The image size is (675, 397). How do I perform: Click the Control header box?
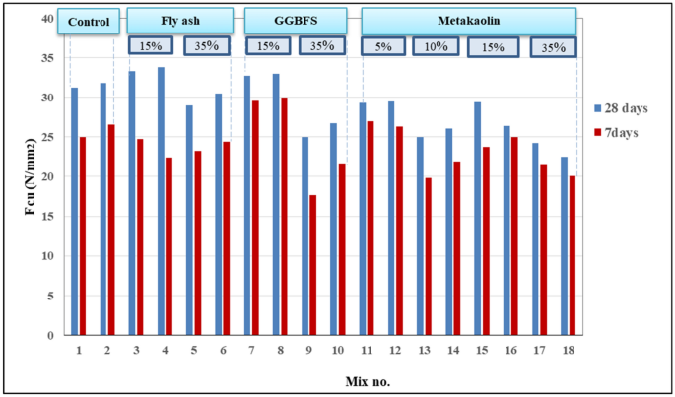click(89, 20)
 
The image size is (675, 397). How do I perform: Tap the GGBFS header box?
click(295, 20)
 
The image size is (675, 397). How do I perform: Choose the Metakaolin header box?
click(468, 20)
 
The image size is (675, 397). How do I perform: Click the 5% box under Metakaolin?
click(380, 45)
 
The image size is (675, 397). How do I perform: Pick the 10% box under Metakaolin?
click(436, 45)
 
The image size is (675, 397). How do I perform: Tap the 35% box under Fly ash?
click(207, 45)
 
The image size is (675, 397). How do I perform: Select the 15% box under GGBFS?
click(266, 45)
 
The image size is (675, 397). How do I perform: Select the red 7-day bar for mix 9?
click(313, 265)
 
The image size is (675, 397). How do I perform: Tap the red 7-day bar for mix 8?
click(284, 216)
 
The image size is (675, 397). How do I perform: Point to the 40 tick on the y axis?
click(47, 19)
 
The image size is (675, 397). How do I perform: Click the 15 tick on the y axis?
click(47, 217)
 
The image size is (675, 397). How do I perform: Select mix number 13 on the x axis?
click(425, 350)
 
